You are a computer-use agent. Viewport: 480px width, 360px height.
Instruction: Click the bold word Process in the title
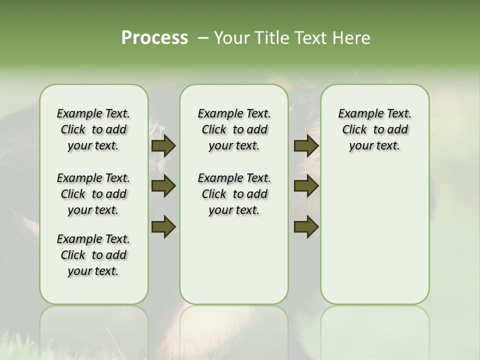[154, 38]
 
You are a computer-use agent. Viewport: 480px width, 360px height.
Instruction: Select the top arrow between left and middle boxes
[163, 145]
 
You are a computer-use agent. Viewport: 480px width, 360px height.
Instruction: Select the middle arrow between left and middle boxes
[163, 186]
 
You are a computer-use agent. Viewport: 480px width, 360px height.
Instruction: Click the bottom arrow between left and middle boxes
[163, 226]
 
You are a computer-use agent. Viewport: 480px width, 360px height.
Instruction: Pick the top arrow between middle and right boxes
[306, 145]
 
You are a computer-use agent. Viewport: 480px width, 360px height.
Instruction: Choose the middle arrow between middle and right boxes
[306, 186]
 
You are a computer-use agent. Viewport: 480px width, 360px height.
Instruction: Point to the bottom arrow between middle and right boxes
[306, 226]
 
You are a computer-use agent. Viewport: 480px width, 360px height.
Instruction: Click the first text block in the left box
[93, 129]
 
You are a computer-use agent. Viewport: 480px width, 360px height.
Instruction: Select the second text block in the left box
[93, 194]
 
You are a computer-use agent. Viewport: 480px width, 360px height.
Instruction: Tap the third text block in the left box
[93, 255]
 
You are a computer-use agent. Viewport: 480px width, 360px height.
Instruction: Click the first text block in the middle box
[234, 129]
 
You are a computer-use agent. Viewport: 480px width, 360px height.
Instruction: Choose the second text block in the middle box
[234, 194]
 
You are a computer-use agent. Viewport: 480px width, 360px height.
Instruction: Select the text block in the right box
[374, 129]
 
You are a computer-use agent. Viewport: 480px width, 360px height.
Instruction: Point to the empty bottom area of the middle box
[234, 265]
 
